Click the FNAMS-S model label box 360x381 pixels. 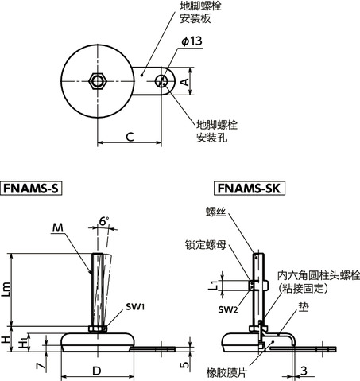[x=33, y=189]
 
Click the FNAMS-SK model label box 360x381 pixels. [x=250, y=189]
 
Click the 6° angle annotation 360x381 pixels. [x=103, y=220]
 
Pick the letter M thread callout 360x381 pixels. [x=56, y=229]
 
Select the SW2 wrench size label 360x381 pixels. [x=228, y=309]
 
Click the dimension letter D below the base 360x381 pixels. [x=95, y=371]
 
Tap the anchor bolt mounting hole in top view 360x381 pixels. [x=162, y=80]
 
